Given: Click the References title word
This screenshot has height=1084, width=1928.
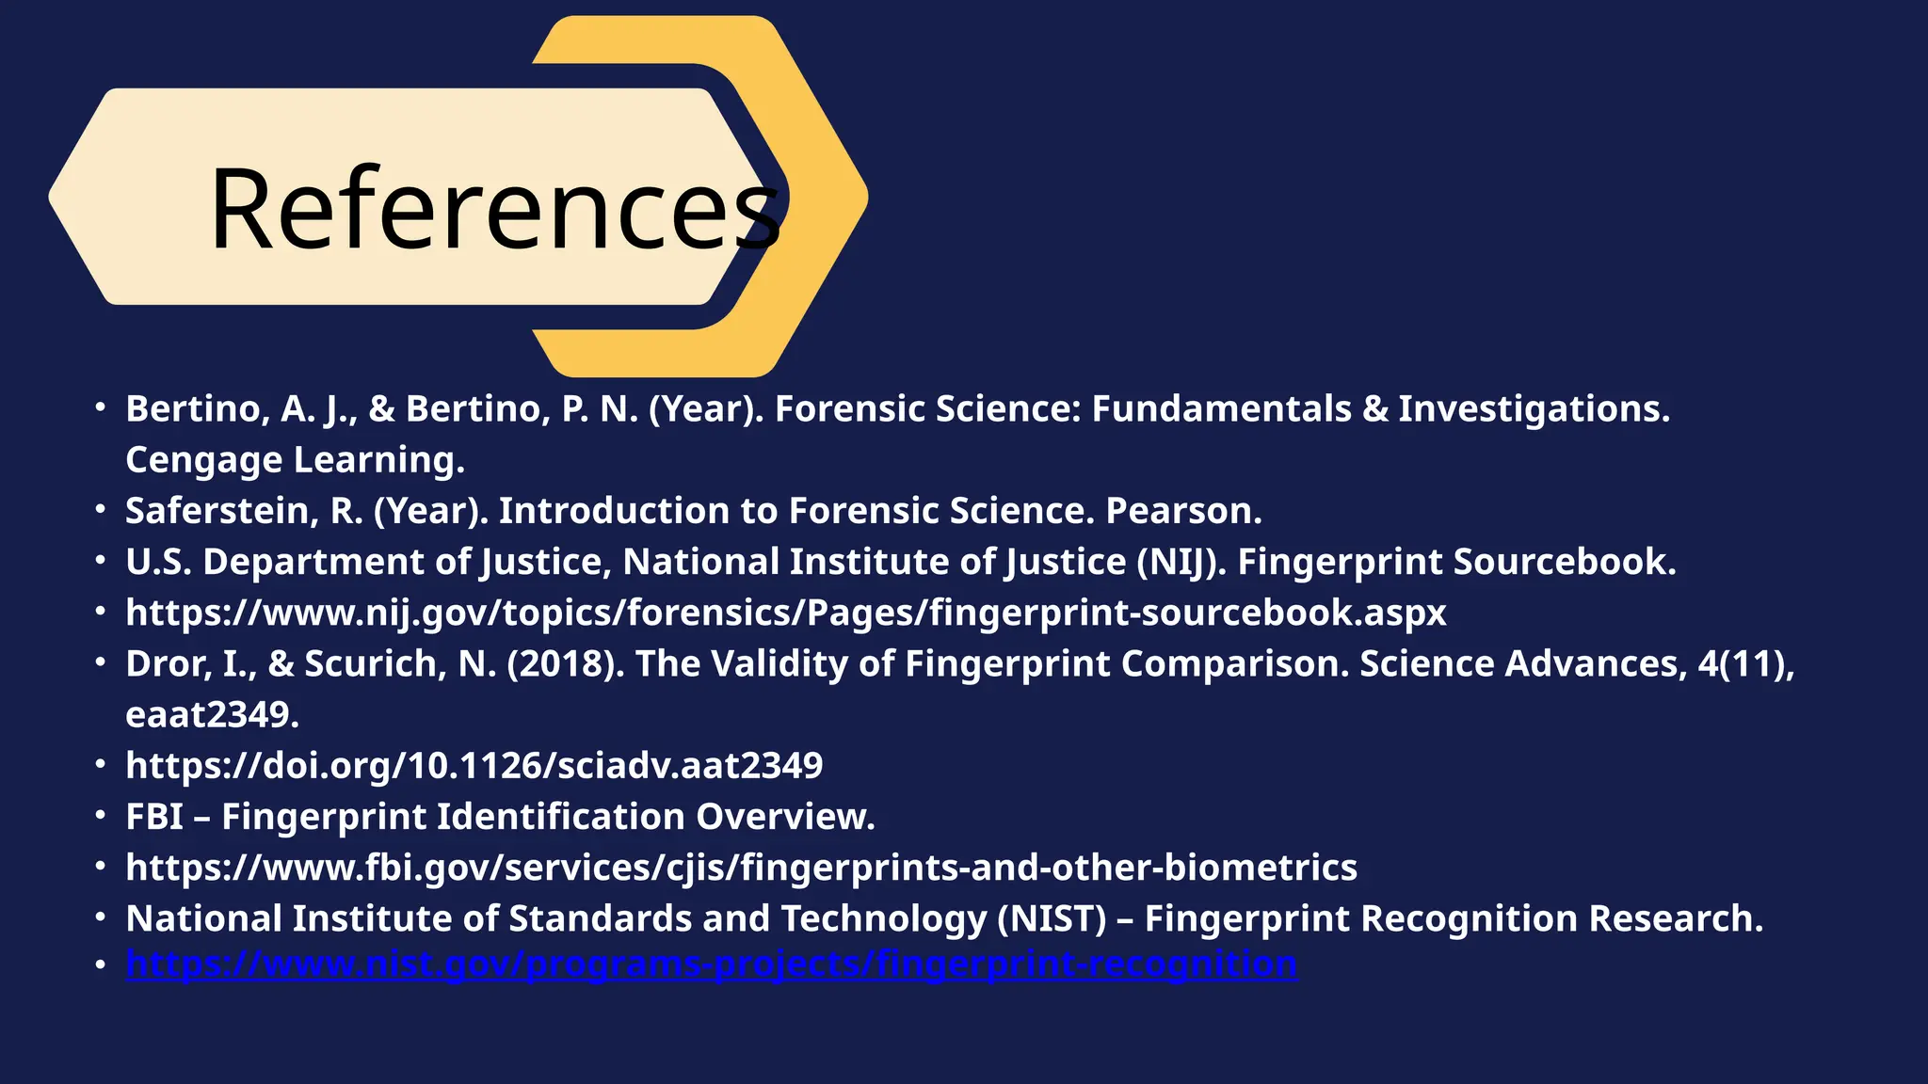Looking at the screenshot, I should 494,209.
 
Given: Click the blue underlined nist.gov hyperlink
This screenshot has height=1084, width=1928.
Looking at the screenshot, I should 712,964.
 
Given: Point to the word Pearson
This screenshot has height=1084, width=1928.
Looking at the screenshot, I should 1182,511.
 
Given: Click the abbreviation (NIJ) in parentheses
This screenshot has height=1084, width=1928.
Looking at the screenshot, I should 1181,562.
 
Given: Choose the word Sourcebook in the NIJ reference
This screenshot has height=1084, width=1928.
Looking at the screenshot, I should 1564,562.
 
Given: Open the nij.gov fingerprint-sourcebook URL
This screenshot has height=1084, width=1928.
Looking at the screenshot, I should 786,613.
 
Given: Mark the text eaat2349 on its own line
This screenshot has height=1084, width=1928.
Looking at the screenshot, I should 212,715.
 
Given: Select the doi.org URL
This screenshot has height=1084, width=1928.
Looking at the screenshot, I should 474,766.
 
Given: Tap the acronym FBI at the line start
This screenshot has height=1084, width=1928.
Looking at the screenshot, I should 154,817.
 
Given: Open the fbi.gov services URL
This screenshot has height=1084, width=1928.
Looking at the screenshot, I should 742,868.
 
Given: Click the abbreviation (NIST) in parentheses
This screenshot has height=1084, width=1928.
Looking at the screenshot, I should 1052,918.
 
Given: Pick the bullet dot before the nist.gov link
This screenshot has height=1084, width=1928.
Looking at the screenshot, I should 100,964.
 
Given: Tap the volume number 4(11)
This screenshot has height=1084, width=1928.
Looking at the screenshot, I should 1745,664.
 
